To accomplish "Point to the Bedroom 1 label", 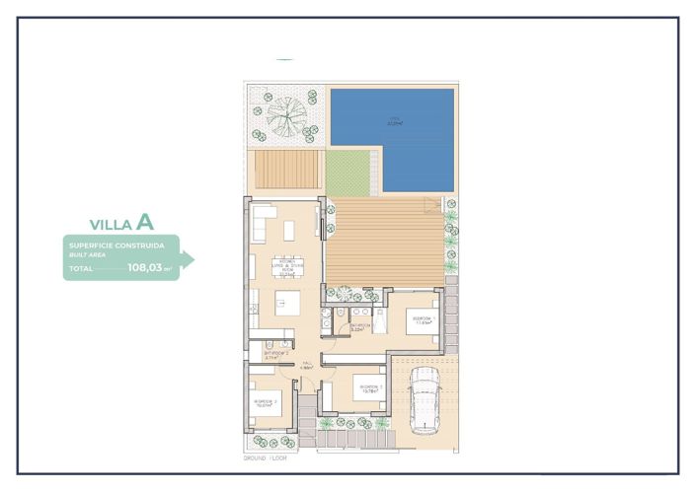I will point(422,319).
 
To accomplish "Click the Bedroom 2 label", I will point(264,402).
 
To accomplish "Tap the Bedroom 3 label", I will point(369,387).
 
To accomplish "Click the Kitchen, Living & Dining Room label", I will point(289,265).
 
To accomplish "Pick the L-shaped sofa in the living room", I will point(263,221).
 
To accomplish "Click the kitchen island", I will point(287,304).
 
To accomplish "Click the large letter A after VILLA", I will point(145,222).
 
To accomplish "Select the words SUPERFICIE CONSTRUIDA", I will point(110,244).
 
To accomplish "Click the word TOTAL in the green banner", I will point(81,267).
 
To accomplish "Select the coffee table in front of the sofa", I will point(289,231).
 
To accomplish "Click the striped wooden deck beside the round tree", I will point(288,170).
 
